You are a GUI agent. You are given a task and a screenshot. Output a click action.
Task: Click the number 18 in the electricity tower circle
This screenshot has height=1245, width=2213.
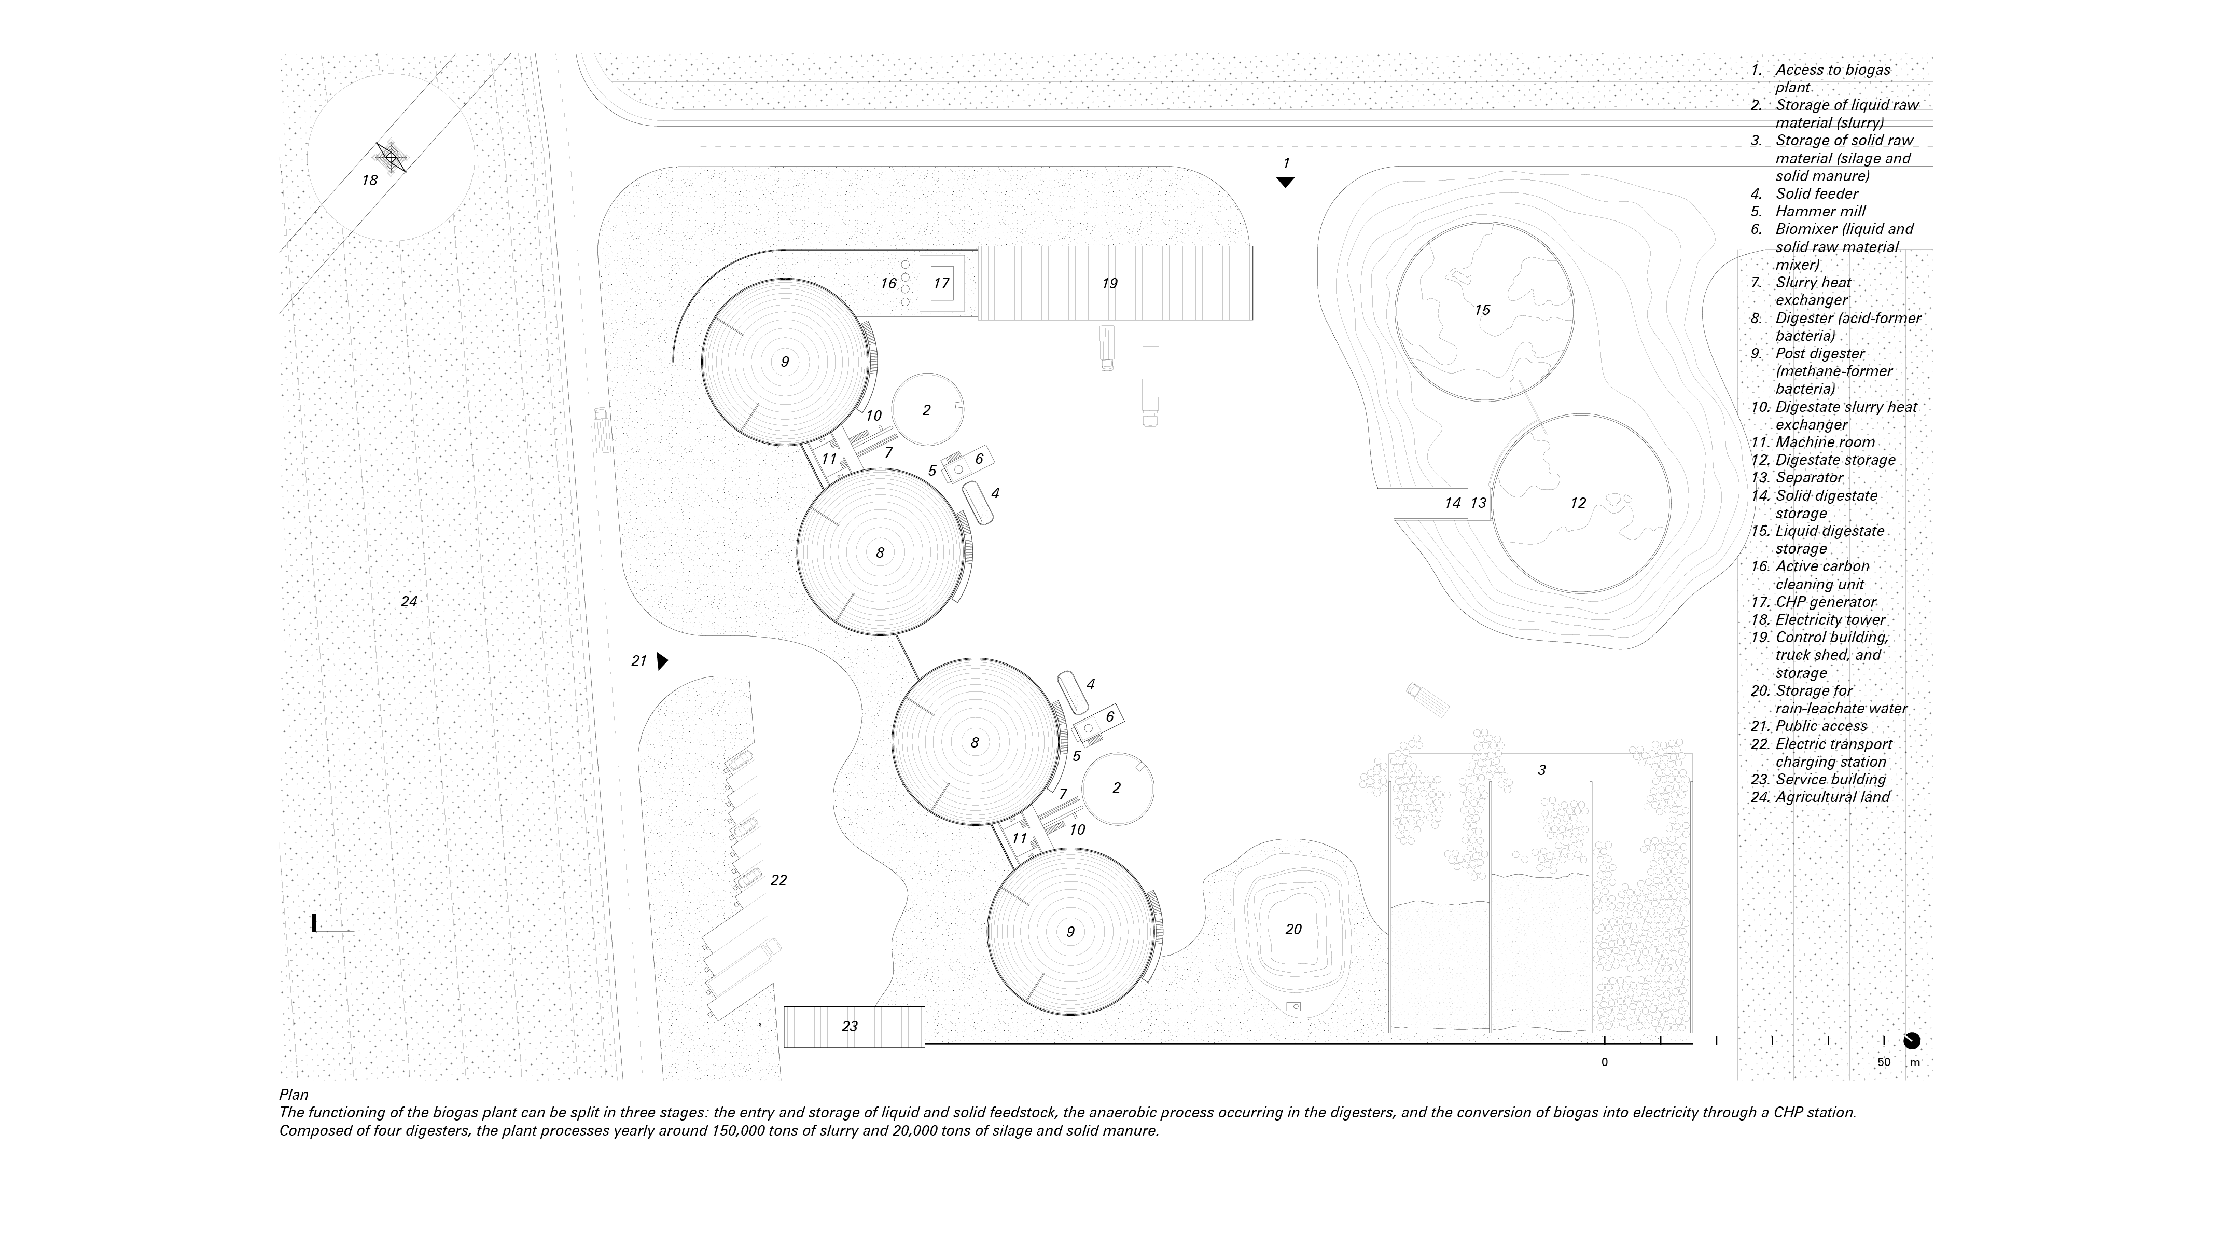point(369,181)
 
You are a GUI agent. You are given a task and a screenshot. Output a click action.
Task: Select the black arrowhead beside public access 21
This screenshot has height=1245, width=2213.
point(661,661)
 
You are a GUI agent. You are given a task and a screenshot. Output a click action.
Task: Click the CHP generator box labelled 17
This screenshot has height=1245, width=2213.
point(941,284)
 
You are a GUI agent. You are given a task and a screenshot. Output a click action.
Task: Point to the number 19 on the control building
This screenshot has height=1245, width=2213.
point(1109,284)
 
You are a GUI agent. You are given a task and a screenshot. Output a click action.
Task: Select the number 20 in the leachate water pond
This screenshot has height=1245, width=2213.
point(1293,929)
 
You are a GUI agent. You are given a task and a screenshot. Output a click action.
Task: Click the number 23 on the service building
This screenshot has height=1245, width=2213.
point(850,1026)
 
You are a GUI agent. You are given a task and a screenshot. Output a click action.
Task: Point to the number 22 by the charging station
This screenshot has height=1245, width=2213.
point(778,880)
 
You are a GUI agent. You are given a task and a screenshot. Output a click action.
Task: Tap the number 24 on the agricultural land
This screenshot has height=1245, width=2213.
point(409,601)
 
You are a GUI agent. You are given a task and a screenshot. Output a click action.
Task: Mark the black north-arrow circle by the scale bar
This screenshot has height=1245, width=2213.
point(1912,1041)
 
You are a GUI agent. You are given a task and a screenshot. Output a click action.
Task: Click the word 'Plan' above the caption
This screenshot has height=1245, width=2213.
point(293,1095)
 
